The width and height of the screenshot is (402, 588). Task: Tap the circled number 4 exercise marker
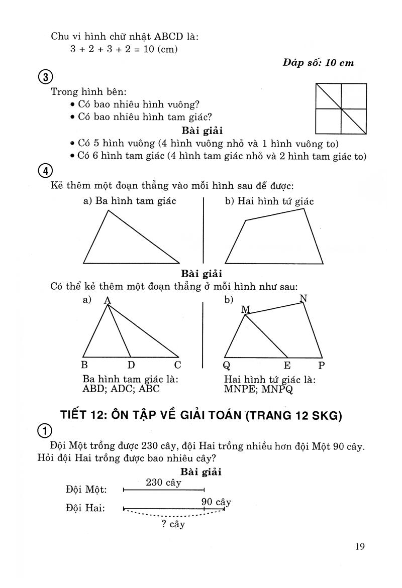pos(46,171)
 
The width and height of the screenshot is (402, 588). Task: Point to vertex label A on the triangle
pos(107,300)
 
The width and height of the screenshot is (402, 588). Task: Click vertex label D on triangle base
pos(131,365)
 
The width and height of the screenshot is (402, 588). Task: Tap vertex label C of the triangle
pos(177,365)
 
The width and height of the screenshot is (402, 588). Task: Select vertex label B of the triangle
pos(84,365)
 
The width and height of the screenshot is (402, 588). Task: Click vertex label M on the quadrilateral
pos(245,309)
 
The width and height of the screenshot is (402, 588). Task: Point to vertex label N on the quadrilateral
pos(303,298)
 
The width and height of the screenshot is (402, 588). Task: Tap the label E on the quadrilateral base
pos(287,366)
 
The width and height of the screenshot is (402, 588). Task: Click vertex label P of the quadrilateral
pos(321,366)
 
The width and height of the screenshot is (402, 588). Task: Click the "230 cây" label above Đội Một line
pos(163,483)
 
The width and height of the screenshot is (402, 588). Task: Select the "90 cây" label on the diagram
pos(216,502)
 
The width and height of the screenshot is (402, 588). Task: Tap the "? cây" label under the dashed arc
pos(173,525)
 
